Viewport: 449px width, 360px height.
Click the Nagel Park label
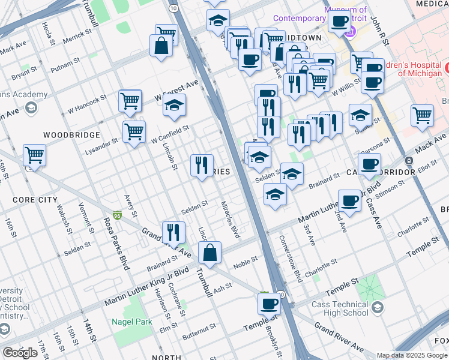[x=131, y=322]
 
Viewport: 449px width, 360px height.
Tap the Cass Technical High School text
[x=340, y=308]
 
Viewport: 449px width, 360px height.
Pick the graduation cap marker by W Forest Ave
[x=174, y=106]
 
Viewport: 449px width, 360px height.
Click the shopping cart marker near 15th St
[x=34, y=156]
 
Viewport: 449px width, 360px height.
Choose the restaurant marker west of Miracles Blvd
[x=202, y=165]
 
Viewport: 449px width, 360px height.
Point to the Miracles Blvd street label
[x=230, y=219]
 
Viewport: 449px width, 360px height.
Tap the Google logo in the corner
[x=20, y=353]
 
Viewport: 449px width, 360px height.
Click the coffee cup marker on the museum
[x=340, y=22]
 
